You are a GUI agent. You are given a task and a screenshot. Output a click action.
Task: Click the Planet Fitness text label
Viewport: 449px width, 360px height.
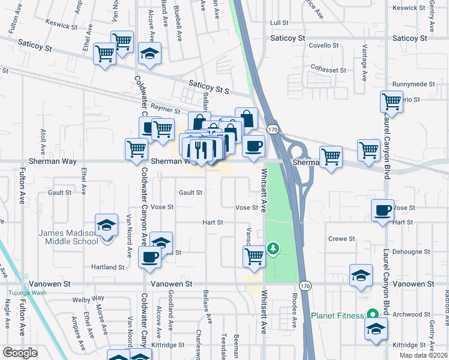337,316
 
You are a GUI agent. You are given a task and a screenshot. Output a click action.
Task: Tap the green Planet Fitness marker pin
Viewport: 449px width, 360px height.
372,314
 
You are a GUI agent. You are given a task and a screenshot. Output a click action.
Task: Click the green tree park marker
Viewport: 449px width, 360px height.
273,248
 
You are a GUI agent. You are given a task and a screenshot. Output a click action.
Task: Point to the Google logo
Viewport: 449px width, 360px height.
20,353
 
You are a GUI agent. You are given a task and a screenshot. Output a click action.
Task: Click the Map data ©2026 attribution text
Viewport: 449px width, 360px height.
424,355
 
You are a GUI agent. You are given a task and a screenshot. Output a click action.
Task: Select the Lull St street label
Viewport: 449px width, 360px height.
280,23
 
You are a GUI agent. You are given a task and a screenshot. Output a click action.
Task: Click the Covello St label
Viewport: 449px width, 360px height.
324,46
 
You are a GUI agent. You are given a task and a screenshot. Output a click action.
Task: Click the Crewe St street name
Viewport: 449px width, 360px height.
342,239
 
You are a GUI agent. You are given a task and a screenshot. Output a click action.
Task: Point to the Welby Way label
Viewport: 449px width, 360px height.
88,298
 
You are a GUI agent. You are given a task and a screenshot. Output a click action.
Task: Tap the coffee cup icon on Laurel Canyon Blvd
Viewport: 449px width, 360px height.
382,211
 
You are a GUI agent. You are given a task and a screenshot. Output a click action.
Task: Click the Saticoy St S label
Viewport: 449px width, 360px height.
209,88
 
